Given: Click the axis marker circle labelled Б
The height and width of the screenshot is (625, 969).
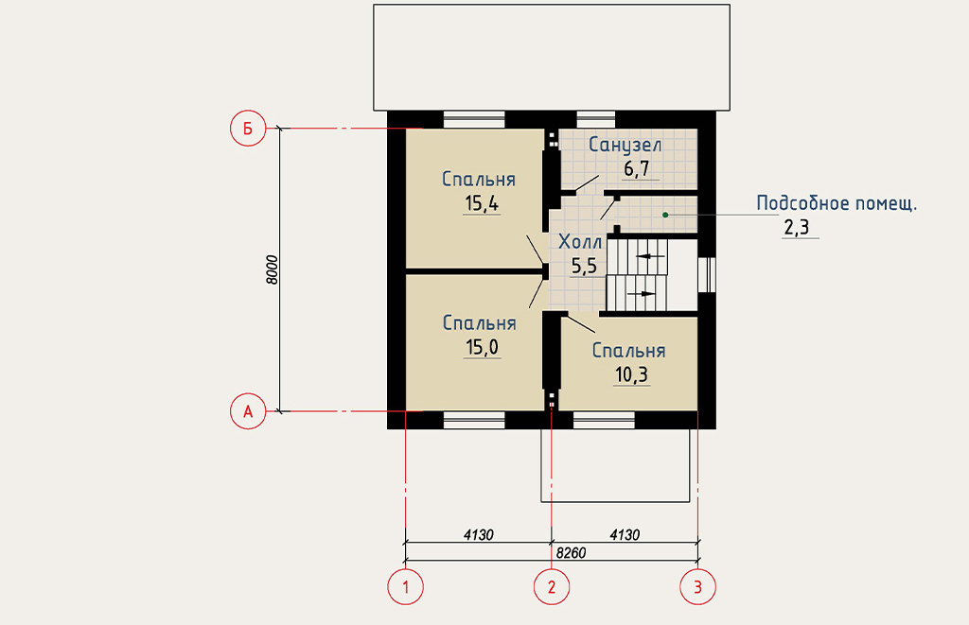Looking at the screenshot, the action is coord(248,129).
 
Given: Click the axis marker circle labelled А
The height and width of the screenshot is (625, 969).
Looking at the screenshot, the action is coord(248,411).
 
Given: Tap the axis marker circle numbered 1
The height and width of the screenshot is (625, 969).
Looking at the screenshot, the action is coord(405,587).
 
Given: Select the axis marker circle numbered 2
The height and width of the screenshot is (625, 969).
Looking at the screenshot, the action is coord(552,587).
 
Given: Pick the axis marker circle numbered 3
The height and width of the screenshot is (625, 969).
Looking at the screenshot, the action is coord(698,587).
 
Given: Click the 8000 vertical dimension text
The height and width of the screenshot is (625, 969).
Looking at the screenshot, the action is coord(273,269).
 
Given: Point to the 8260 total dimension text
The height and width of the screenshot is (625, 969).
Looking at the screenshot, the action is coord(571,553).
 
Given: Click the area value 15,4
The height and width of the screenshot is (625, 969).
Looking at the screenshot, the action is coord(482,203).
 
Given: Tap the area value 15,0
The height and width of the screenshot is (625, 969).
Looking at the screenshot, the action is coord(482,347).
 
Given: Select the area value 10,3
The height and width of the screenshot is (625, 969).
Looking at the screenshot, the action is coord(631,374).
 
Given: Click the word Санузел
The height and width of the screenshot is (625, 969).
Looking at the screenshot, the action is coord(625,145).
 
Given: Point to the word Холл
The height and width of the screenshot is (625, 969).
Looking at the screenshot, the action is coord(580,241).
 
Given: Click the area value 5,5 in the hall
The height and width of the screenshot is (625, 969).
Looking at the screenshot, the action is coord(584,267).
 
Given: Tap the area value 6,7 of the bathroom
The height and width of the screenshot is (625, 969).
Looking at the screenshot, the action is coord(637,168).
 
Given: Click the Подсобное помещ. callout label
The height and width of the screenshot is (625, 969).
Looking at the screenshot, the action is coord(837,203).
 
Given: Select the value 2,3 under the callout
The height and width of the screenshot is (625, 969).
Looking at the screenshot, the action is coord(797,228).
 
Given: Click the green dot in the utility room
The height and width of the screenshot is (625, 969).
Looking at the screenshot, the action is coord(665,215).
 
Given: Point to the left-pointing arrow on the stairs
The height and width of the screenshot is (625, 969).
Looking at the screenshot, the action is coord(650,256).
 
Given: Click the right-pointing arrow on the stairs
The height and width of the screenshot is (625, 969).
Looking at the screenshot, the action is coord(642,293).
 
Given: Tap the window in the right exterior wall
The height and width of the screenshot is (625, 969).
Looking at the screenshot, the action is coord(707,274).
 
